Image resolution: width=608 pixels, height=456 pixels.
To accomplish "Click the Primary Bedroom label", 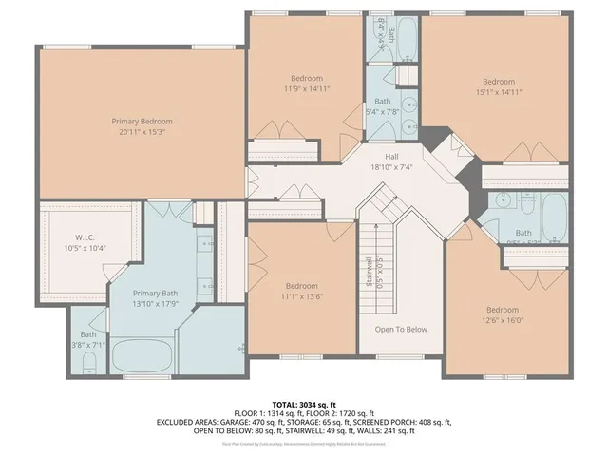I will pyautogui.click(x=142, y=121).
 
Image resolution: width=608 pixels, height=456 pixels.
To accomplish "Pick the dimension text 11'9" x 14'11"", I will pyautogui.click(x=307, y=88).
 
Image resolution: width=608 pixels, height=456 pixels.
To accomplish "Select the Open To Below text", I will pyautogui.click(x=401, y=330).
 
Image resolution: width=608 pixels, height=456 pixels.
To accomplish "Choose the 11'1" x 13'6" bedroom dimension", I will pyautogui.click(x=302, y=295).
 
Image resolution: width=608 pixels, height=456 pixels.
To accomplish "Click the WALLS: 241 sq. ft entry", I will pyautogui.click(x=384, y=431).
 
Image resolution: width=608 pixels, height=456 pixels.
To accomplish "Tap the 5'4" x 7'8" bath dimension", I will pyautogui.click(x=382, y=111).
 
